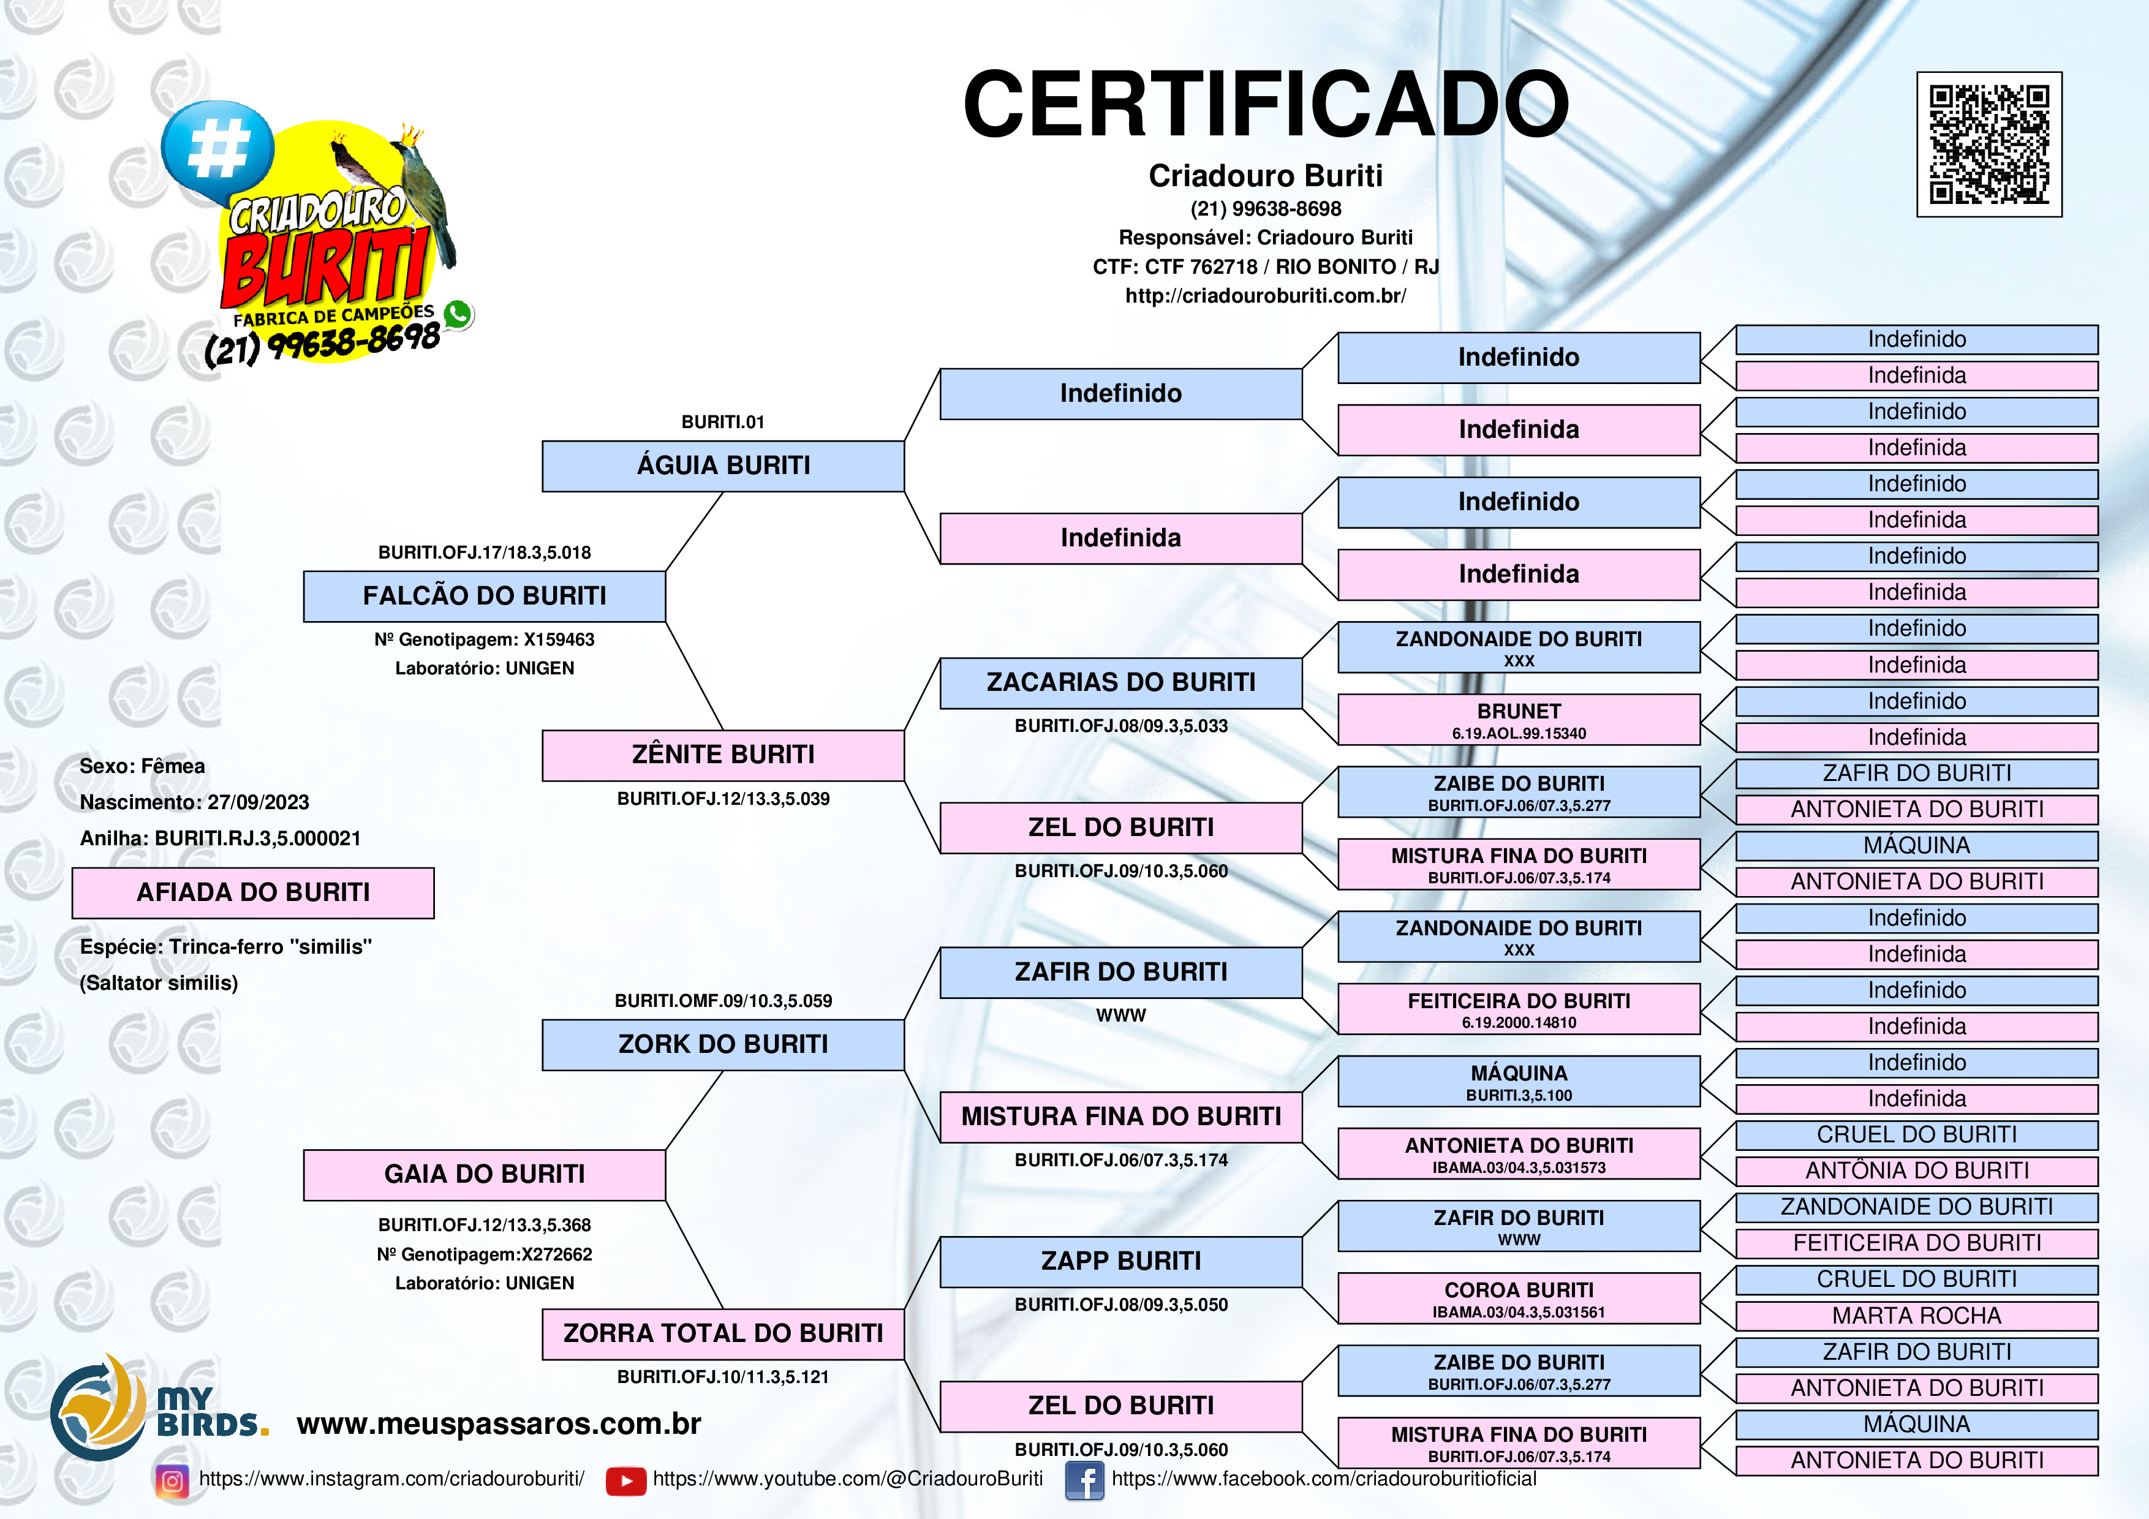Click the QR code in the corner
[x=1989, y=144]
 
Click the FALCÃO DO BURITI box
[x=484, y=596]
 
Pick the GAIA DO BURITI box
[x=484, y=1175]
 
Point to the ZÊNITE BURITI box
[x=723, y=755]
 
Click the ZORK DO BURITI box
[x=723, y=1044]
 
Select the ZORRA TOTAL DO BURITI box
[x=723, y=1333]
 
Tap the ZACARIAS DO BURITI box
[x=1120, y=683]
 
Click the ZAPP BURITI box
[x=1120, y=1262]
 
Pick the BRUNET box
[x=1518, y=719]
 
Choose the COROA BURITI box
[x=1518, y=1297]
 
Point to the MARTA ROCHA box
[x=1916, y=1316]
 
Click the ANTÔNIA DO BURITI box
[x=1916, y=1171]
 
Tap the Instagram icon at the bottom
[x=172, y=1480]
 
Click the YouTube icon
[x=625, y=1480]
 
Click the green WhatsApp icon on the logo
[x=458, y=314]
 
